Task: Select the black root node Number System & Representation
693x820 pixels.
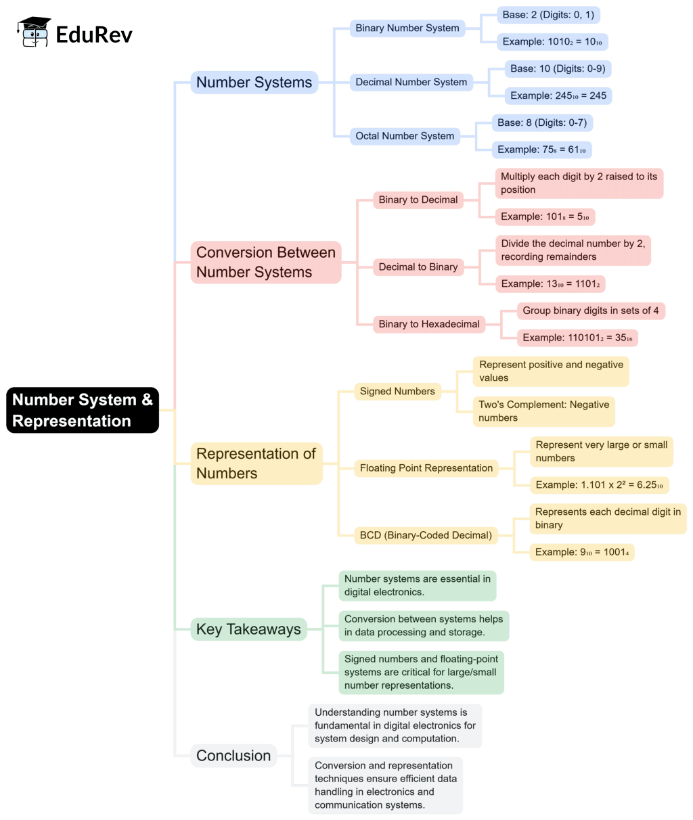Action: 83,410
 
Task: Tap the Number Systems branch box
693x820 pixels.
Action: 254,83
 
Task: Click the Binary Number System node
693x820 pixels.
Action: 407,28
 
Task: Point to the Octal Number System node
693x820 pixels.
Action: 405,136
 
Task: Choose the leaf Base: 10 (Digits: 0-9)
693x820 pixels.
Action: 558,69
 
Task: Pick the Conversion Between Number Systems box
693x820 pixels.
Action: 265,263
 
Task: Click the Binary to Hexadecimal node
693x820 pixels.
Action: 429,324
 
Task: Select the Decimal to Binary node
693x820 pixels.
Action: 418,267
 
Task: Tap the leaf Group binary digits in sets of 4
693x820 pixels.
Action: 590,311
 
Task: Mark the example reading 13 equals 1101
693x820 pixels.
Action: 550,284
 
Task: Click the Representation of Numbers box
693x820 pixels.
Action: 256,463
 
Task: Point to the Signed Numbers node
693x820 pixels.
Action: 397,392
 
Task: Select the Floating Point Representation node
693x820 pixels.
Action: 426,468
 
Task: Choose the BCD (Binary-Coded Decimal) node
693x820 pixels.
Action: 426,535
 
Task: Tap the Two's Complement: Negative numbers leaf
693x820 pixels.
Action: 544,411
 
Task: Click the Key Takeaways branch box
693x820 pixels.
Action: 248,629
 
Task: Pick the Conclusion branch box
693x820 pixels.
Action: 233,756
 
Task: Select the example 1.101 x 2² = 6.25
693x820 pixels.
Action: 599,485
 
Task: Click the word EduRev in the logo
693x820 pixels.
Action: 94,34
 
